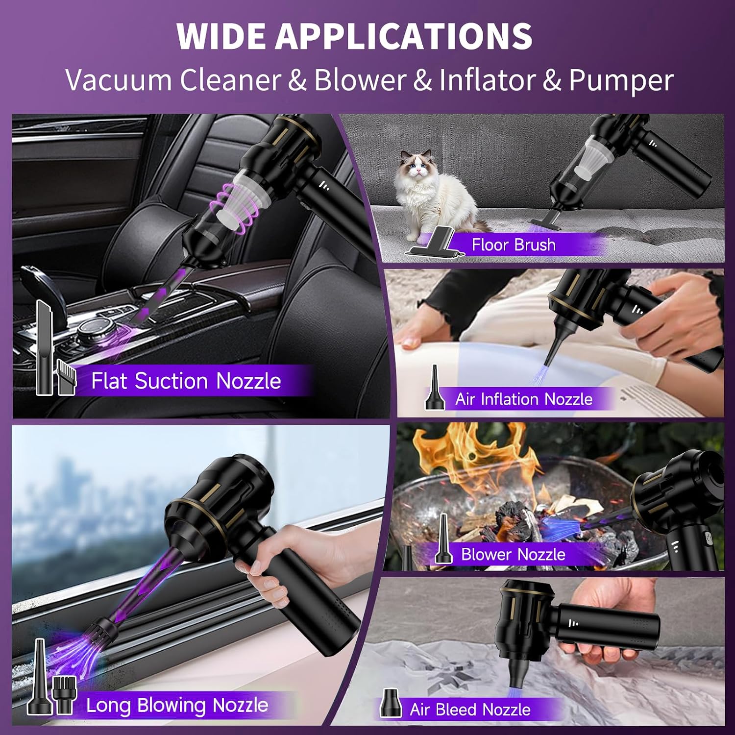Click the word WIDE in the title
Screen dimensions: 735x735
tap(220, 36)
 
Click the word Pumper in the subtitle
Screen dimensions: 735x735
tap(621, 81)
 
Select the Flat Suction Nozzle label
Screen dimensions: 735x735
tap(186, 381)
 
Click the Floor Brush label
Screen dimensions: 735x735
tap(514, 245)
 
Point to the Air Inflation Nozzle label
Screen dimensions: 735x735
tap(524, 399)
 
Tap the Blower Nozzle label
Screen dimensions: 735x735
tap(513, 554)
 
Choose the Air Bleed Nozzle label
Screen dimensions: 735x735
tap(470, 709)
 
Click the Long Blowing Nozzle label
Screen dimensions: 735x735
tap(177, 705)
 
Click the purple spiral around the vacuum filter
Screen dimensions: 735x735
tap(233, 208)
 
